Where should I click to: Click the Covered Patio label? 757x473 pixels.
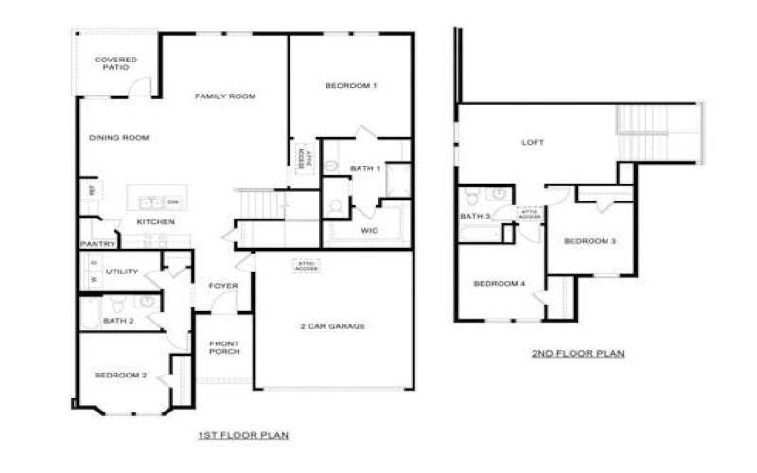pyautogui.click(x=115, y=64)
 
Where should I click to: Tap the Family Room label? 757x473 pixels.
pyautogui.click(x=225, y=96)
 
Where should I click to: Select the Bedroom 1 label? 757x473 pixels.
pyautogui.click(x=351, y=86)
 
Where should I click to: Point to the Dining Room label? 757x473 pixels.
pyautogui.click(x=119, y=138)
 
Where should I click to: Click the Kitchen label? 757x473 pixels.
pyautogui.click(x=155, y=222)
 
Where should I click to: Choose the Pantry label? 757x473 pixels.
pyautogui.click(x=97, y=244)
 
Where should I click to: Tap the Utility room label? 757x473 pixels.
pyautogui.click(x=121, y=272)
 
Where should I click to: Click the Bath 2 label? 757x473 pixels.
pyautogui.click(x=119, y=321)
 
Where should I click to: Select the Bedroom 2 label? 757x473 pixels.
pyautogui.click(x=120, y=376)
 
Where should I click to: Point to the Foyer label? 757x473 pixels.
pyautogui.click(x=223, y=285)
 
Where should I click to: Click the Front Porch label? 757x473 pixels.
pyautogui.click(x=224, y=347)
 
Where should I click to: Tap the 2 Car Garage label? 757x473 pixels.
pyautogui.click(x=332, y=326)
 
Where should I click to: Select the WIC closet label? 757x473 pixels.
pyautogui.click(x=370, y=230)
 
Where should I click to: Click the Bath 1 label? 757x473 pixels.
pyautogui.click(x=365, y=168)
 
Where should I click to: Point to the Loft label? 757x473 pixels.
pyautogui.click(x=534, y=144)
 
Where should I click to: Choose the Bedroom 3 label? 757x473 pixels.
pyautogui.click(x=590, y=241)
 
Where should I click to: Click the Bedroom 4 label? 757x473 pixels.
pyautogui.click(x=498, y=284)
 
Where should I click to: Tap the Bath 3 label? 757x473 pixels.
pyautogui.click(x=475, y=217)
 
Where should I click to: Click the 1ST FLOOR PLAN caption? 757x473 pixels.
pyautogui.click(x=243, y=435)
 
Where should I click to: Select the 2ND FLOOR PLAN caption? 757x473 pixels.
pyautogui.click(x=577, y=354)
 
